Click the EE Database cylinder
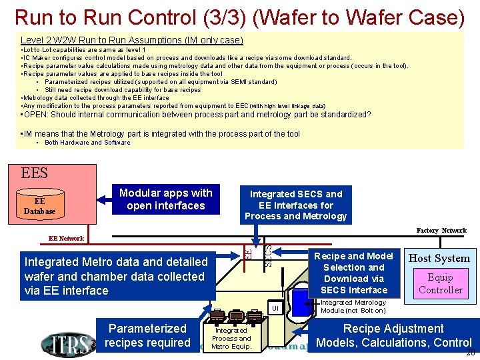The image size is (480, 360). tap(39, 206)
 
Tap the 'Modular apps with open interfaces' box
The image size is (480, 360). tap(165, 199)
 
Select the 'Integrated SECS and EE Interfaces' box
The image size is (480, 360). tap(295, 205)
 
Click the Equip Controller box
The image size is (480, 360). tap(440, 283)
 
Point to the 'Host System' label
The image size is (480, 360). tap(439, 258)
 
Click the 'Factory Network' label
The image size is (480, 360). tap(441, 231)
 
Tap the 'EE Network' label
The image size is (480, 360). tap(67, 238)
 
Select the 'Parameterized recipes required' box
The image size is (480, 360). tap(149, 335)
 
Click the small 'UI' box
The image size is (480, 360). tap(274, 308)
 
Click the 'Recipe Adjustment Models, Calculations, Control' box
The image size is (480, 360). tap(393, 335)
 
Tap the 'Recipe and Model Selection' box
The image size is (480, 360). tap(353, 273)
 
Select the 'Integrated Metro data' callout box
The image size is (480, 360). tap(117, 276)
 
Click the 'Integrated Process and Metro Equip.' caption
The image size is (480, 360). tap(231, 338)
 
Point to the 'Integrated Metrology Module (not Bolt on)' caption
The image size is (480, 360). tap(353, 307)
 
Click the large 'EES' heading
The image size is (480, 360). tap(35, 173)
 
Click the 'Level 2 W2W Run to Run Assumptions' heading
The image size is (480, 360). tap(131, 41)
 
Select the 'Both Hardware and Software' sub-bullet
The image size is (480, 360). tap(87, 143)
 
